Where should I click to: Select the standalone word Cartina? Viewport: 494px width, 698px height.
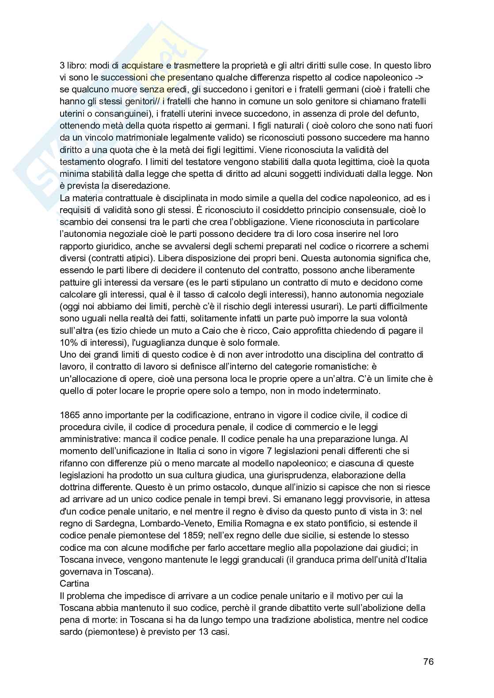[x=74, y=584]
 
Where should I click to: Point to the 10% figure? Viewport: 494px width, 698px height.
[x=68, y=342]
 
